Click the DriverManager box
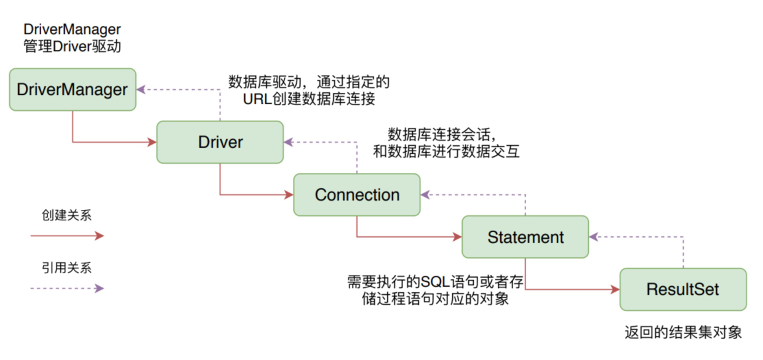click(x=72, y=90)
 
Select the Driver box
click(x=220, y=142)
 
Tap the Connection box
click(x=357, y=195)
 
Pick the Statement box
click(x=525, y=237)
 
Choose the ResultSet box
click(x=683, y=289)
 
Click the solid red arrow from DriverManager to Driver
click(x=111, y=143)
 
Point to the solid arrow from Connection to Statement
click(x=406, y=236)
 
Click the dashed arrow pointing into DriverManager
click(x=178, y=90)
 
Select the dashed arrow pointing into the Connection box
click(x=474, y=195)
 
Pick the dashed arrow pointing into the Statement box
click(x=640, y=237)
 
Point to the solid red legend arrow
click(x=68, y=235)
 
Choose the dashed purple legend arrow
click(x=68, y=288)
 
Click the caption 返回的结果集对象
click(x=683, y=333)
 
